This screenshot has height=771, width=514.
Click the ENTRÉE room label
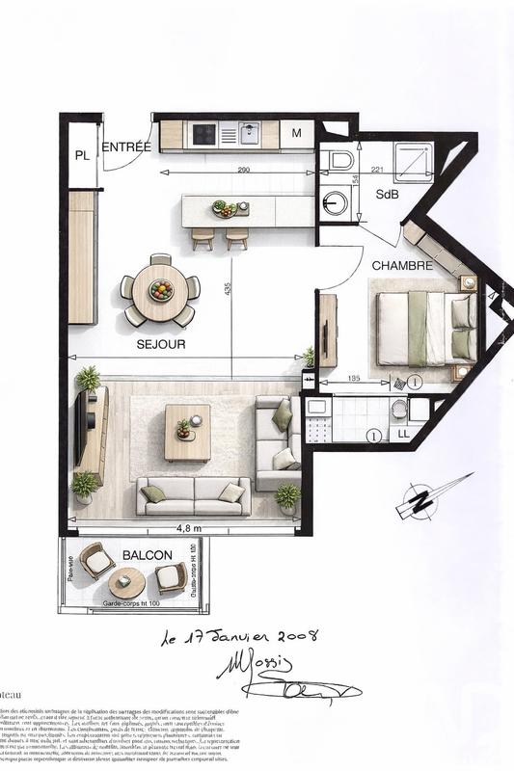coord(126,147)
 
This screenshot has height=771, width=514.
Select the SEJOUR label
coord(161,343)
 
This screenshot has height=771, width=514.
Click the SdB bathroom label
coord(388,195)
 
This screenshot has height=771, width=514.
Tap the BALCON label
coord(148,555)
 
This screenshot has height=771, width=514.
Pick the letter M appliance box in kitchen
coord(297,134)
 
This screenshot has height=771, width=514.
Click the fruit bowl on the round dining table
coord(161,288)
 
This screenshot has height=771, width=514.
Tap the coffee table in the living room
coord(187,432)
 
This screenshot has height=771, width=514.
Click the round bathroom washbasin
coord(335,202)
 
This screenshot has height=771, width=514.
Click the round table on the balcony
coord(126,582)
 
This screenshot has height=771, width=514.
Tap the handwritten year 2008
coord(289,637)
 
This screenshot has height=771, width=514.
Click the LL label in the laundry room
coord(403,435)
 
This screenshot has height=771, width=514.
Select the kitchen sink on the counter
coord(250,134)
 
